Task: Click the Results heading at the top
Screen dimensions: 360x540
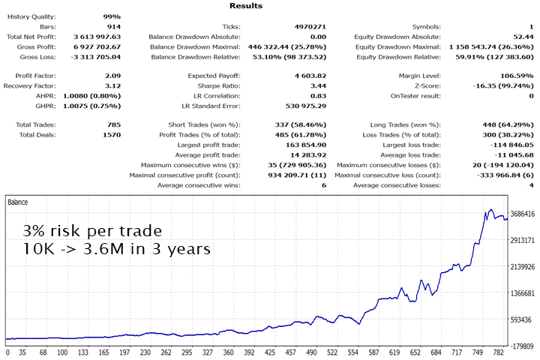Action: click(x=247, y=5)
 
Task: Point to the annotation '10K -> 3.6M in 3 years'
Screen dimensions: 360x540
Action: click(x=115, y=249)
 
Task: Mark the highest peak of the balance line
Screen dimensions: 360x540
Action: click(x=491, y=210)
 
